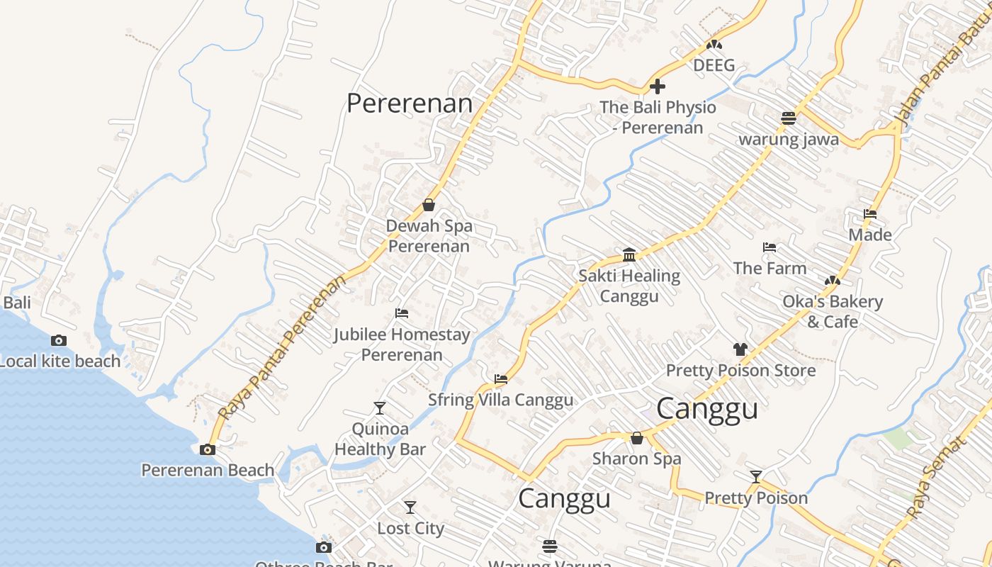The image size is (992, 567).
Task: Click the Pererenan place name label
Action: coord(409,103)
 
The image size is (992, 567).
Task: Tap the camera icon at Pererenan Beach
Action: coord(208,449)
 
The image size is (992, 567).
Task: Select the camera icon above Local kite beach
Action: coord(59,341)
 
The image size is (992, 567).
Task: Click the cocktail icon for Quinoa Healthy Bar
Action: coord(380,408)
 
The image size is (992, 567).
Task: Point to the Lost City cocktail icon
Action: coord(410,507)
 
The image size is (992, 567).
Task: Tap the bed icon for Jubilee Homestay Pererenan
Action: coord(402,313)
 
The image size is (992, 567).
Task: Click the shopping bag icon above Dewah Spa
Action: coord(429,206)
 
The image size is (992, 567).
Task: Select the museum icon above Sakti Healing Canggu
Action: coord(629,255)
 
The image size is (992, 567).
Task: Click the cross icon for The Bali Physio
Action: coord(658,87)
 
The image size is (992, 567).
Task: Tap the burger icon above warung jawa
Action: coord(789,118)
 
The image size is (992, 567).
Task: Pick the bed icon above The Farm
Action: coord(770,247)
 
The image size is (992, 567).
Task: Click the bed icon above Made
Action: coord(870,214)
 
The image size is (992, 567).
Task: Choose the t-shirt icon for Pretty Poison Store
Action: coord(740,349)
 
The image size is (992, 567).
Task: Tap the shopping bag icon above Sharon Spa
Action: coord(637,438)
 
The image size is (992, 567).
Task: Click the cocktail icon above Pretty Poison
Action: coord(756,477)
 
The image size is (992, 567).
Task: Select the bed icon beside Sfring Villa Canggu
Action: coord(501,379)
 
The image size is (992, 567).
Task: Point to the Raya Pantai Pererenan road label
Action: coord(283,347)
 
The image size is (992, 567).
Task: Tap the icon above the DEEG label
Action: coord(714,45)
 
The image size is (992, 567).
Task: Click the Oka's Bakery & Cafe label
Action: coord(833,312)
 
